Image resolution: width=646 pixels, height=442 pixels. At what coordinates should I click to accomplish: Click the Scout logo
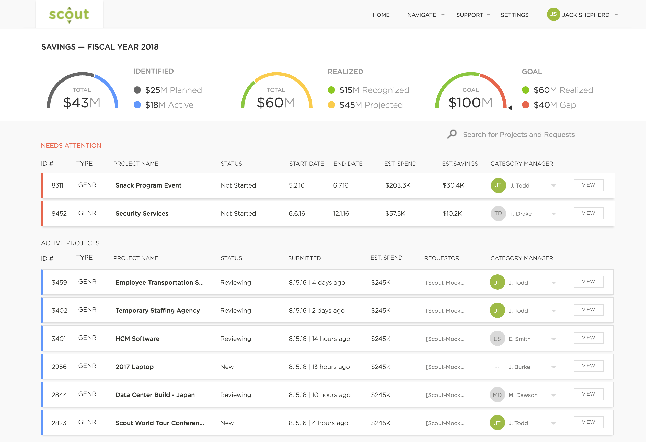pyautogui.click(x=69, y=15)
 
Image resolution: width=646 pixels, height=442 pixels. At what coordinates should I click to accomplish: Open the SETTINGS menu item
pyautogui.click(x=514, y=15)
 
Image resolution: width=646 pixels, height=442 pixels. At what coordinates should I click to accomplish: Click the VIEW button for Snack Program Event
pyautogui.click(x=588, y=185)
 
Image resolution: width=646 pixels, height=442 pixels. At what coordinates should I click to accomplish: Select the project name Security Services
pyautogui.click(x=142, y=214)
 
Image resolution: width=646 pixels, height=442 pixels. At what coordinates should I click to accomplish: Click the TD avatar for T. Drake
pyautogui.click(x=498, y=214)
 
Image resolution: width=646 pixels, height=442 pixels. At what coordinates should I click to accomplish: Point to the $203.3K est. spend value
pyautogui.click(x=398, y=185)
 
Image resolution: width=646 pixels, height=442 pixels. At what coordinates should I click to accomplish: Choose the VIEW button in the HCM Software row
pyautogui.click(x=588, y=338)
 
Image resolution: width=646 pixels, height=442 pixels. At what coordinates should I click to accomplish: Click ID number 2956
pyautogui.click(x=59, y=367)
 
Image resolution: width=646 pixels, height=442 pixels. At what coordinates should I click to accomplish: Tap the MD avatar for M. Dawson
pyautogui.click(x=497, y=395)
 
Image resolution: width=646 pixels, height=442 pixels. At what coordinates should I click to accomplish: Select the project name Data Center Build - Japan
pyautogui.click(x=155, y=395)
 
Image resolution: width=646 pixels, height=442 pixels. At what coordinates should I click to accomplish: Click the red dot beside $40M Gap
pyautogui.click(x=525, y=105)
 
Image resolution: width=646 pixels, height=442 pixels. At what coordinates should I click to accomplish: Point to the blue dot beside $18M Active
pyautogui.click(x=137, y=105)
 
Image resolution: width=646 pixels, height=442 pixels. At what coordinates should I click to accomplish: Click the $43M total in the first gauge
pyautogui.click(x=82, y=102)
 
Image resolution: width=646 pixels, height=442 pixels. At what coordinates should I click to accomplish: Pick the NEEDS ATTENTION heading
pyautogui.click(x=71, y=146)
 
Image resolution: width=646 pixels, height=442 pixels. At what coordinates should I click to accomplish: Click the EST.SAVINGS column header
pyautogui.click(x=460, y=164)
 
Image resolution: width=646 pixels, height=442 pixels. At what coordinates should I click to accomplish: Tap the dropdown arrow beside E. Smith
pyautogui.click(x=553, y=339)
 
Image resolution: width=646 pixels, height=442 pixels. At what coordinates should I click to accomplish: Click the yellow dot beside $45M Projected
pyautogui.click(x=331, y=105)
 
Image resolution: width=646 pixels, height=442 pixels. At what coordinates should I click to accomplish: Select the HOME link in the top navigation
pyautogui.click(x=381, y=15)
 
